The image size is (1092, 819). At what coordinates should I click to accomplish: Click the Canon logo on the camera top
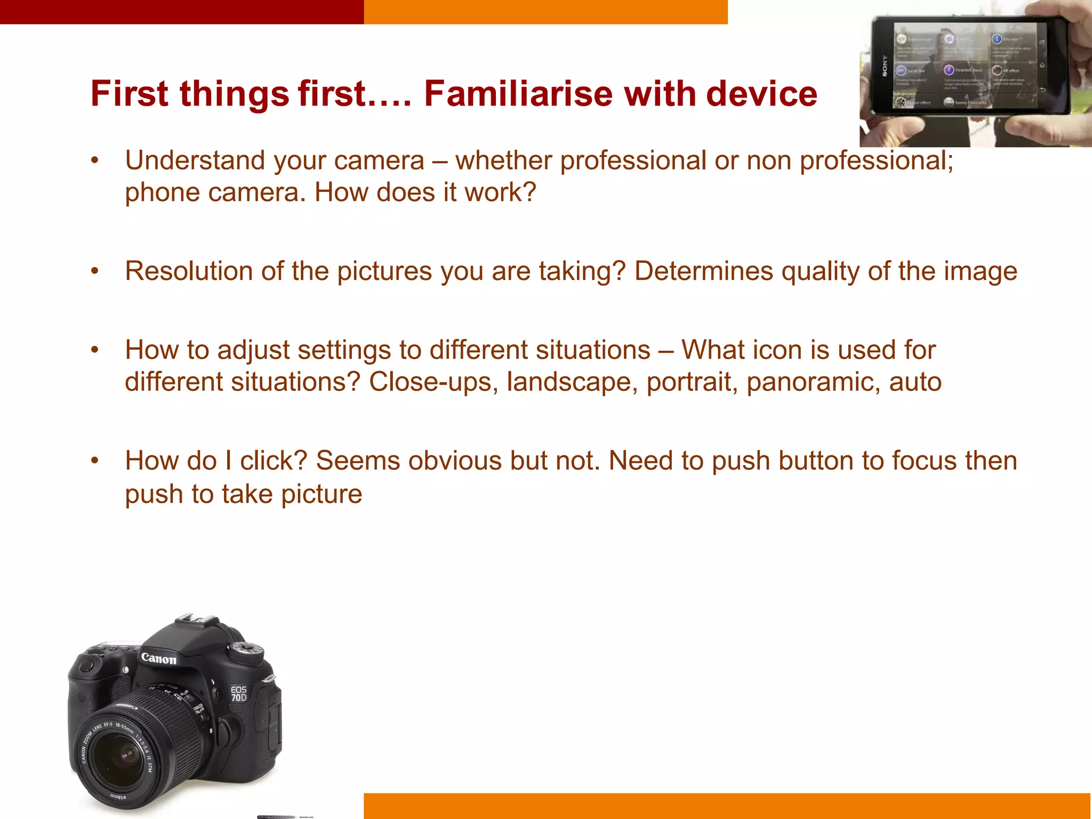pyautogui.click(x=158, y=659)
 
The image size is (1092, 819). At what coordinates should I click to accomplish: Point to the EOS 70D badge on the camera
pyautogui.click(x=238, y=693)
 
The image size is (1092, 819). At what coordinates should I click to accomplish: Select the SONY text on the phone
pyautogui.click(x=885, y=66)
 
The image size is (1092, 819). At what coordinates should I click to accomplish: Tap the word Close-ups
pyautogui.click(x=430, y=382)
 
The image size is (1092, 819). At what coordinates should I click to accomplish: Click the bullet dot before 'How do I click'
pyautogui.click(x=95, y=461)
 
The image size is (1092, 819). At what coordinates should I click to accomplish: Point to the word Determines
pyautogui.click(x=703, y=271)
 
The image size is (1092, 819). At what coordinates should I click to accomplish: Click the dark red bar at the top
pyautogui.click(x=181, y=12)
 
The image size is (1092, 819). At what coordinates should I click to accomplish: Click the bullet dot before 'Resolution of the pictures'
pyautogui.click(x=95, y=271)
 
